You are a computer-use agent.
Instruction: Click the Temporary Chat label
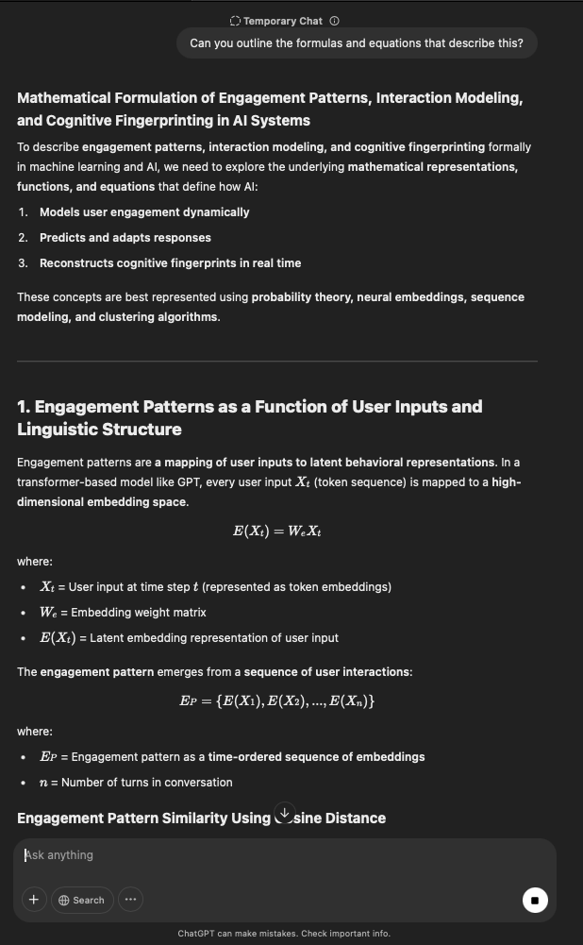[x=282, y=21]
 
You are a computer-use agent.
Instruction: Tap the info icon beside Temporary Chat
[x=335, y=21]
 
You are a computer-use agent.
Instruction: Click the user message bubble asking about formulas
[x=357, y=43]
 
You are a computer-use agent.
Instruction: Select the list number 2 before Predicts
[x=23, y=238]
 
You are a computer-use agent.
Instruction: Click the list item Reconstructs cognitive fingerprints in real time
[x=170, y=263]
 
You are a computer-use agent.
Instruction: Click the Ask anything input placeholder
[x=60, y=855]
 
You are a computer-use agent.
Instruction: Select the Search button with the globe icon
[x=82, y=900]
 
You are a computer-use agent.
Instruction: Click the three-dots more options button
[x=130, y=900]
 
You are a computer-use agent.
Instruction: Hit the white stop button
[x=534, y=900]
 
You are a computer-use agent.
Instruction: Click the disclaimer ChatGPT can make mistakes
[x=283, y=934]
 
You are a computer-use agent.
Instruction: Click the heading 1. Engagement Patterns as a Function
[x=250, y=418]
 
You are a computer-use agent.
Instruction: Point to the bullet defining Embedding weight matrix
[x=123, y=613]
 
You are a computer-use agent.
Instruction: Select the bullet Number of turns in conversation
[x=136, y=783]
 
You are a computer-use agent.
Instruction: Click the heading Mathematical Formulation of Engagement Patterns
[x=270, y=110]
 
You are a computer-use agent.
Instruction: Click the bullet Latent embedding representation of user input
[x=189, y=638]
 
